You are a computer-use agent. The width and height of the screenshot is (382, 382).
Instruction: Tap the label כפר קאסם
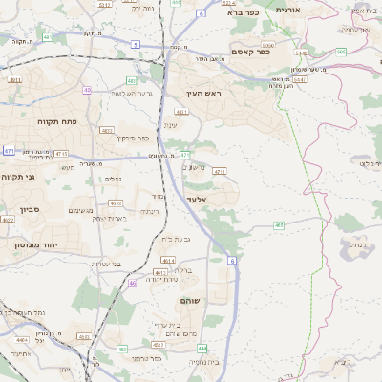click(x=251, y=52)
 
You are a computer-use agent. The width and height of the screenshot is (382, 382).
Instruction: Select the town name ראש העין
click(x=203, y=94)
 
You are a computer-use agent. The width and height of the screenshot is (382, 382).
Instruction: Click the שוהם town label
click(x=190, y=301)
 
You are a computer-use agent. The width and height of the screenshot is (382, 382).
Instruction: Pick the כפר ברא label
click(x=244, y=13)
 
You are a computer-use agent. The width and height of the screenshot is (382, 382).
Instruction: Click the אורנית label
click(x=287, y=9)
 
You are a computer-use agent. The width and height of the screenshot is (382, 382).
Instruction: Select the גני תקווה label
click(x=18, y=177)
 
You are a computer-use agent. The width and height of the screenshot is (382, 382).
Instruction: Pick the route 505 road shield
click(x=340, y=53)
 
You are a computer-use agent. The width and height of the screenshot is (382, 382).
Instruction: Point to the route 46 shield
click(x=132, y=283)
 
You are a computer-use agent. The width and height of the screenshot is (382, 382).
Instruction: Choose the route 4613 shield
click(x=116, y=202)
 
